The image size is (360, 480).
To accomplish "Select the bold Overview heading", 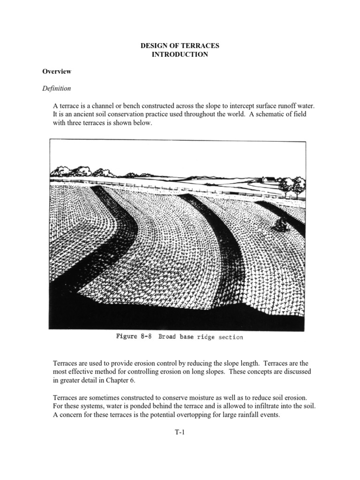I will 57,72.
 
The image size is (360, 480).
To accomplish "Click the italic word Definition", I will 57,88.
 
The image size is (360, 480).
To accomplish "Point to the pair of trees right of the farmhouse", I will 291,187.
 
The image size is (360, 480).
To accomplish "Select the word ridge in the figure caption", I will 201,337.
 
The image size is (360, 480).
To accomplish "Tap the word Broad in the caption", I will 168,337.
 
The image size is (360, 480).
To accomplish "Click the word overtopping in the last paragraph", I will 192,415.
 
